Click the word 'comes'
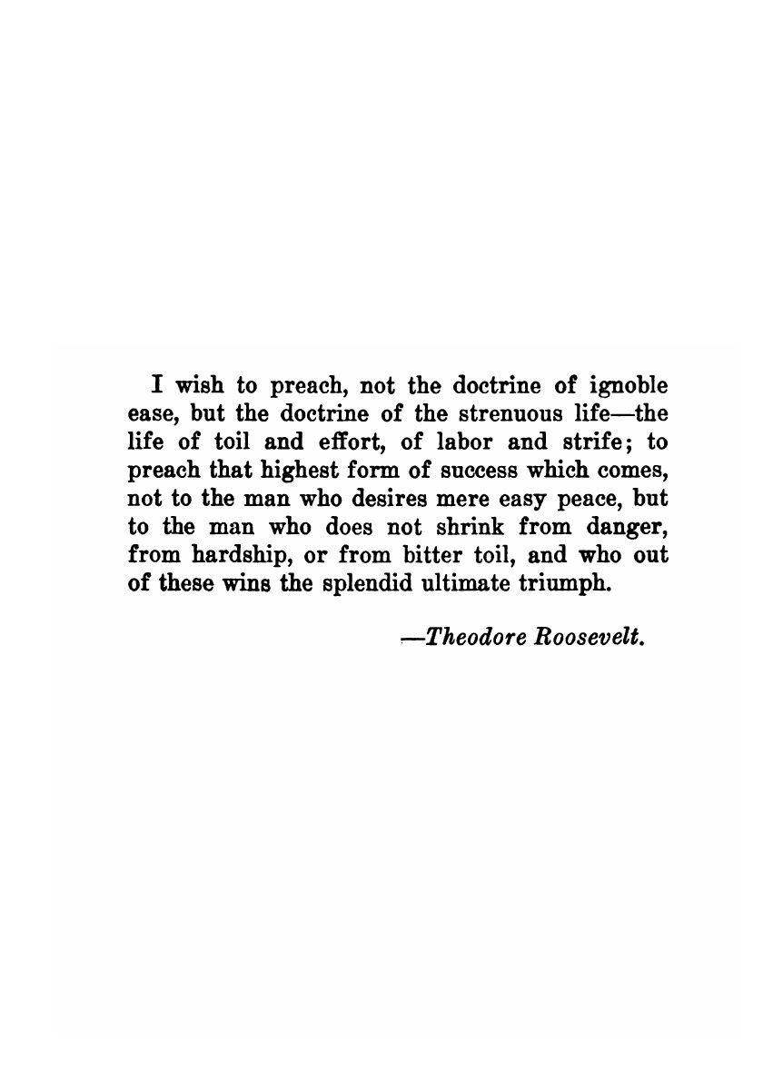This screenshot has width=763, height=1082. [x=635, y=472]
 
